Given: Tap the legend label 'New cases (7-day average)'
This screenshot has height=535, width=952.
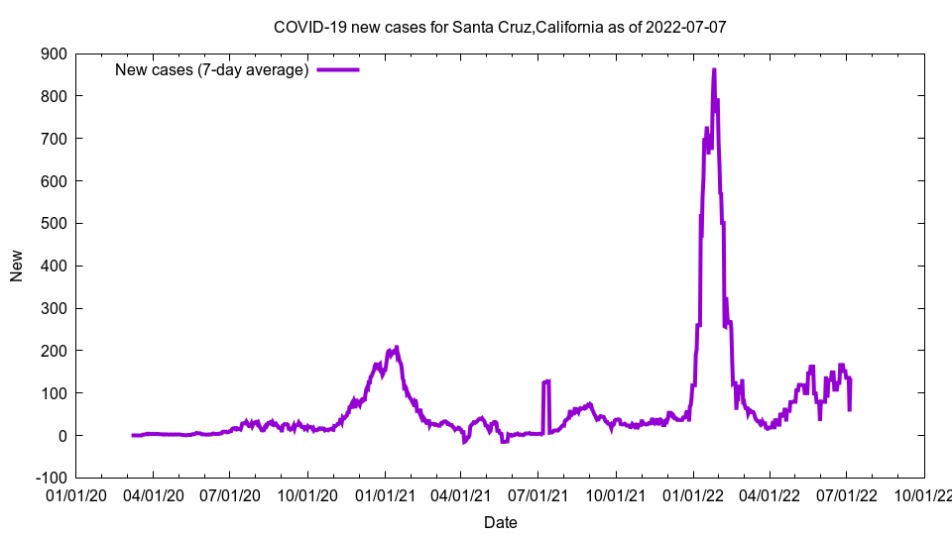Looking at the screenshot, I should pyautogui.click(x=212, y=69).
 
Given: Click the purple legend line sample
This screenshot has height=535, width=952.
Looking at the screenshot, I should pyautogui.click(x=337, y=69).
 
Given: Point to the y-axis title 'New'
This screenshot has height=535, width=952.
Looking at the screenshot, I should pyautogui.click(x=17, y=266).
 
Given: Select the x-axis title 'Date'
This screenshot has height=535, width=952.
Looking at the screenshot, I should pyautogui.click(x=500, y=522).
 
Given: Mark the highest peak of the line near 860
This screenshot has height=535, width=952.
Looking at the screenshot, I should pyautogui.click(x=714, y=70).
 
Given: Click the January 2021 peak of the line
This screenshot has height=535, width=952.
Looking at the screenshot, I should pyautogui.click(x=397, y=348).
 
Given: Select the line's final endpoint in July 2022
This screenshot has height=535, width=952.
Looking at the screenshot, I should pyautogui.click(x=850, y=408).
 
